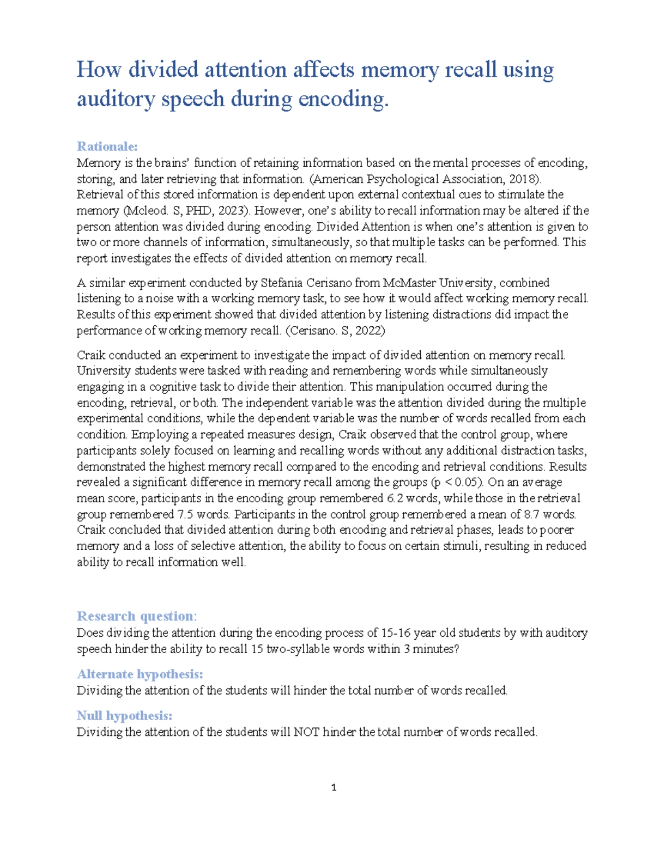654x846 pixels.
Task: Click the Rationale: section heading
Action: tap(107, 147)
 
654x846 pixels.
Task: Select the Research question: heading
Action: tap(137, 616)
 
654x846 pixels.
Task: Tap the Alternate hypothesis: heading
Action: tap(140, 674)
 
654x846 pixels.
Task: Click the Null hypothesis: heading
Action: tap(124, 716)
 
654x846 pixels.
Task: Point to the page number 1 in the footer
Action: tap(334, 788)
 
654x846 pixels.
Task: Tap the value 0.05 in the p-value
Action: tap(468, 483)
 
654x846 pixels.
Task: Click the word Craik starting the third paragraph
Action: tap(91, 356)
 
